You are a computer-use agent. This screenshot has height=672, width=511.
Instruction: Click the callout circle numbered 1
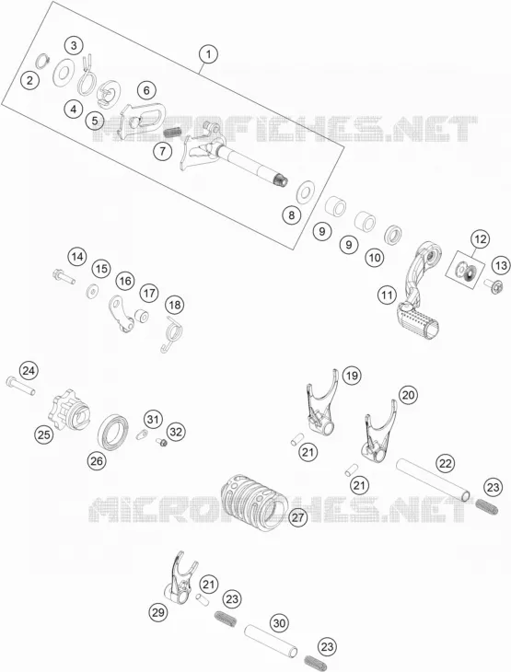[x=208, y=54]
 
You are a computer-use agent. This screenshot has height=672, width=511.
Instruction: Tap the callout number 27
[x=298, y=517]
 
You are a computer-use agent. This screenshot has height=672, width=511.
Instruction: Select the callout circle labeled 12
[x=480, y=238]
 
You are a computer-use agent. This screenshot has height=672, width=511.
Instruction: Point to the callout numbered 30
[x=279, y=622]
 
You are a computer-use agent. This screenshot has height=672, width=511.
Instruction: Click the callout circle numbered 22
[x=446, y=463]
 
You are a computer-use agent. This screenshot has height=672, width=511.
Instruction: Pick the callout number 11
[x=387, y=295]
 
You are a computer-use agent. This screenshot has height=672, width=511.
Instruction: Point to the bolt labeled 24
[x=20, y=386]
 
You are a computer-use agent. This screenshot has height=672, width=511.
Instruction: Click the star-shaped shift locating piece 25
[x=68, y=413]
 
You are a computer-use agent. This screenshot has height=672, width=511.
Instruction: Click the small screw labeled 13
[x=495, y=286]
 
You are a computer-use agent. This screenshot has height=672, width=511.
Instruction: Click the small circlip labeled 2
[x=42, y=60]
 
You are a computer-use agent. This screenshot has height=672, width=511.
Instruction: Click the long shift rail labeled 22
[x=434, y=480]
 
